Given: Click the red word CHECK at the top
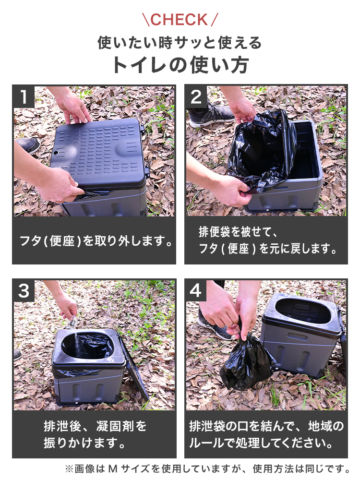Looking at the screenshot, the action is tap(179, 20).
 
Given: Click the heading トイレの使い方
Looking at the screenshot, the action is tap(180, 65).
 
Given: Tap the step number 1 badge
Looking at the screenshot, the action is tap(24, 97).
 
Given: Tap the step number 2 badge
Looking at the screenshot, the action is tap(196, 97).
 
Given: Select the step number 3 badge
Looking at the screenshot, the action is tap(24, 290).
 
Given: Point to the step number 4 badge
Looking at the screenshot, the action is tap(196, 290).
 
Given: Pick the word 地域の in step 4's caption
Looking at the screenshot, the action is tap(326, 426).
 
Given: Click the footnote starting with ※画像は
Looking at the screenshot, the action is tap(207, 468).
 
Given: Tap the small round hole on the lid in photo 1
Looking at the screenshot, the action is tap(56, 152).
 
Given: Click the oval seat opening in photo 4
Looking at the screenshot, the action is tap(303, 311).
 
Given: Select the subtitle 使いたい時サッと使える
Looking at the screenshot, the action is tap(180, 43).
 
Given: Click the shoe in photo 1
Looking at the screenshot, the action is tap(27, 145).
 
